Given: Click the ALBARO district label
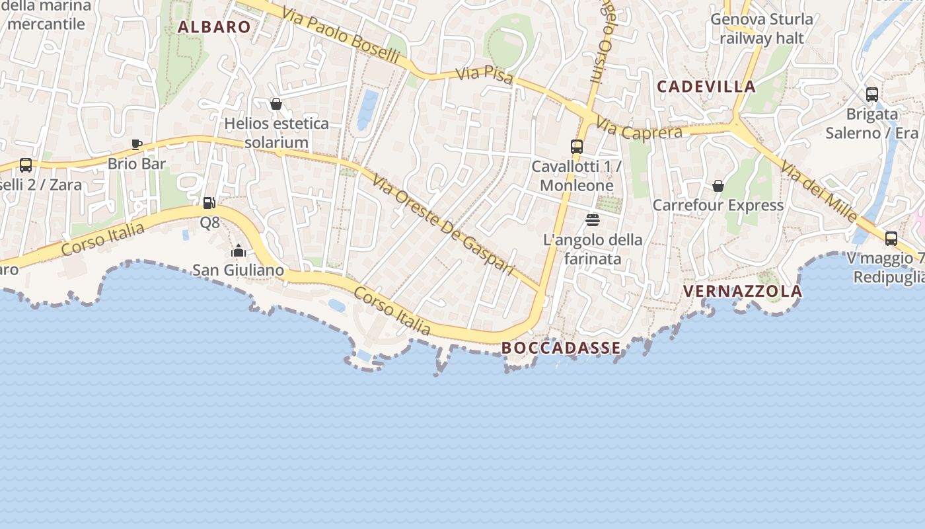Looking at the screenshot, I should point(214,27).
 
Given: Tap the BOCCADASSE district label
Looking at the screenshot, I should point(561,348).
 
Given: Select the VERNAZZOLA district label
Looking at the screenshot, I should point(742,291).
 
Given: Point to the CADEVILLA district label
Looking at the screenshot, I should point(706,87).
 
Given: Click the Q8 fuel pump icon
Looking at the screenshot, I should point(209,203).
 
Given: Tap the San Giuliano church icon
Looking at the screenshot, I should point(239,251).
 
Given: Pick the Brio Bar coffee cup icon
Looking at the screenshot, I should point(137,144).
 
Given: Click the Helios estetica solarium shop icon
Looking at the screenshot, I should point(276,104).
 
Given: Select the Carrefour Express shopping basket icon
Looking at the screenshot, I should point(718,186).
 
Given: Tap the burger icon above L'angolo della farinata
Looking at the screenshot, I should point(592,220).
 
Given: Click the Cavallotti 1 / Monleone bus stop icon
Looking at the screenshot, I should point(577,147).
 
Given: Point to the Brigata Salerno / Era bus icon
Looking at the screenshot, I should point(872,95).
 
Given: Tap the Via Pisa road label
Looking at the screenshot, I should point(484,75).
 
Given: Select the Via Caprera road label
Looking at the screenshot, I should point(639,129).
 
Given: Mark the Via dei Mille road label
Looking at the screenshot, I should point(820,191).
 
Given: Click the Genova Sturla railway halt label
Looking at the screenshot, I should point(762,28).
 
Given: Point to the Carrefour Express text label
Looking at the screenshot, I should point(718,206).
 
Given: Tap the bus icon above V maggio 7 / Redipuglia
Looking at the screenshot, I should point(891,239).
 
